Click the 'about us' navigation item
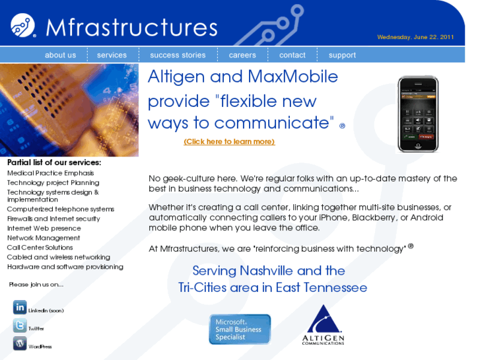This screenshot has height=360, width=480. pyautogui.click(x=60, y=55)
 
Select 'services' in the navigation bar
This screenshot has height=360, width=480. pyautogui.click(x=112, y=55)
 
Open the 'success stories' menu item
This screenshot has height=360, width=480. pyautogui.click(x=178, y=55)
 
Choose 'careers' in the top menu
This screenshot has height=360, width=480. pyautogui.click(x=242, y=55)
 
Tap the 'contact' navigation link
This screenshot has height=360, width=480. pyautogui.click(x=292, y=55)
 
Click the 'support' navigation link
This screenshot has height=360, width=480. pyautogui.click(x=342, y=55)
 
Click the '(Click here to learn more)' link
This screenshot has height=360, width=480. pyautogui.click(x=229, y=141)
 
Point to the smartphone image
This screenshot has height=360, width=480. pyautogui.click(x=417, y=114)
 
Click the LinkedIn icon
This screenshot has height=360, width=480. pyautogui.click(x=20, y=307)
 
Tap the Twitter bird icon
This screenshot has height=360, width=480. pyautogui.click(x=20, y=326)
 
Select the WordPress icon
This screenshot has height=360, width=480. pyautogui.click(x=20, y=343)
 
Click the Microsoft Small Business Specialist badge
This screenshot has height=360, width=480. pyautogui.click(x=240, y=329)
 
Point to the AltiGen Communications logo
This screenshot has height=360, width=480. pyautogui.click(x=324, y=325)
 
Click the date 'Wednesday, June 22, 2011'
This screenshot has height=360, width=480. pyautogui.click(x=415, y=37)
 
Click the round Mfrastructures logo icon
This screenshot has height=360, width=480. pyautogui.click(x=23, y=26)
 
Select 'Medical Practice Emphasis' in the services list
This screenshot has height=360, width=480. pyautogui.click(x=50, y=173)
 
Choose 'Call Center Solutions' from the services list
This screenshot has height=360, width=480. pyautogui.click(x=40, y=248)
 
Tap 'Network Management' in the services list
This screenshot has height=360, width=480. pyautogui.click(x=44, y=238)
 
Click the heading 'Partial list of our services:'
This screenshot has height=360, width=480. pyautogui.click(x=54, y=162)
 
